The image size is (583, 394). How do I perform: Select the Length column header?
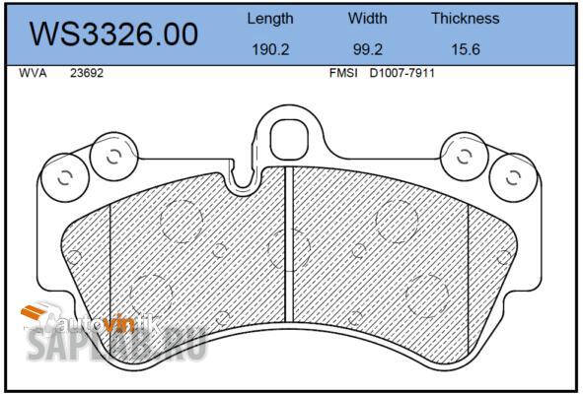tap(269, 18)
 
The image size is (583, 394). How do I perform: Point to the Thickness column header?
tap(465, 18)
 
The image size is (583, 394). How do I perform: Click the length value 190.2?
tap(269, 48)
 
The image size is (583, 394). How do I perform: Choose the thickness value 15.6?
tap(464, 48)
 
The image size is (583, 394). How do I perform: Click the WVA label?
tap(32, 73)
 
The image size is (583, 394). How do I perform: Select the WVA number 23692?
tap(86, 73)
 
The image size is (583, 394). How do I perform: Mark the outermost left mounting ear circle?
tap(65, 178)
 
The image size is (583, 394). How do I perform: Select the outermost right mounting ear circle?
tap(511, 178)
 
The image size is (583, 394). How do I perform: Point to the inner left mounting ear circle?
tap(110, 157)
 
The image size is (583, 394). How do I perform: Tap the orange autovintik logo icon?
tap(36, 316)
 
